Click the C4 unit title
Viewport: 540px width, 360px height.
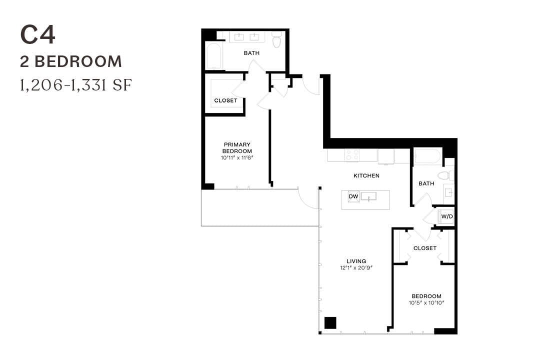point(37,35)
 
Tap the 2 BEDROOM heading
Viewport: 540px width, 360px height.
point(71,61)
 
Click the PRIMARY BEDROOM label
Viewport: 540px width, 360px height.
point(237,147)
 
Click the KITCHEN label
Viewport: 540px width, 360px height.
point(366,175)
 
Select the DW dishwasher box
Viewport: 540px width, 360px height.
point(353,196)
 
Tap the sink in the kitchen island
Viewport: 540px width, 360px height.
point(368,196)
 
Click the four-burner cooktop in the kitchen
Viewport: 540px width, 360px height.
point(352,155)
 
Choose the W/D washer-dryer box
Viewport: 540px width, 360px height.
point(446,216)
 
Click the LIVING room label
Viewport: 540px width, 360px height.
point(356,261)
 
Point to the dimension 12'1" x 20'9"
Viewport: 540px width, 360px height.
point(356,268)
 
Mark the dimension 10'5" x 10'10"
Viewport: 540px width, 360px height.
point(427,303)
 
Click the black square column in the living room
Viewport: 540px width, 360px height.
point(330,323)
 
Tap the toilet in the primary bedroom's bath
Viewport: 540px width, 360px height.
point(276,38)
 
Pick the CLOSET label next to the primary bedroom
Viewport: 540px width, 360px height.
point(225,100)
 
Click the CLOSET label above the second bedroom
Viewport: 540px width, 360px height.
point(424,248)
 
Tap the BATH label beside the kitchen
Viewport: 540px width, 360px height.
point(426,183)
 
